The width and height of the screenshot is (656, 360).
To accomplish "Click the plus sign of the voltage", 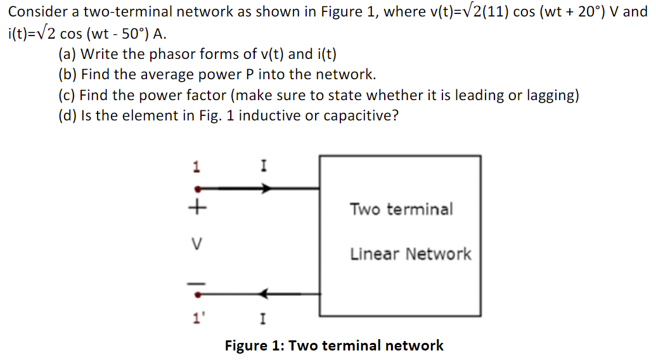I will [198, 207].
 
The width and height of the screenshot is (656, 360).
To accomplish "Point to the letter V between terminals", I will [198, 243].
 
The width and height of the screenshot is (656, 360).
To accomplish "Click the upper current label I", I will [263, 167].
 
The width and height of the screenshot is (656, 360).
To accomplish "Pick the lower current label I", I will [263, 318].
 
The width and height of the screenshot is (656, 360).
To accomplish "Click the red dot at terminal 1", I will [198, 188].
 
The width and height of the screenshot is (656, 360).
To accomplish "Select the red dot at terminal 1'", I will [198, 294].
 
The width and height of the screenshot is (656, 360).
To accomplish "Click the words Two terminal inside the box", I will [401, 209].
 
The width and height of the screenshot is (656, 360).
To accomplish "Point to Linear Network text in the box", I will [411, 254].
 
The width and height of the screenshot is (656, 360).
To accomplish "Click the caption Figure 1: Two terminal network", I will [334, 345].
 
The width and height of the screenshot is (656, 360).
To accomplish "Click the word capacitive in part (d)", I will [359, 116].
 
